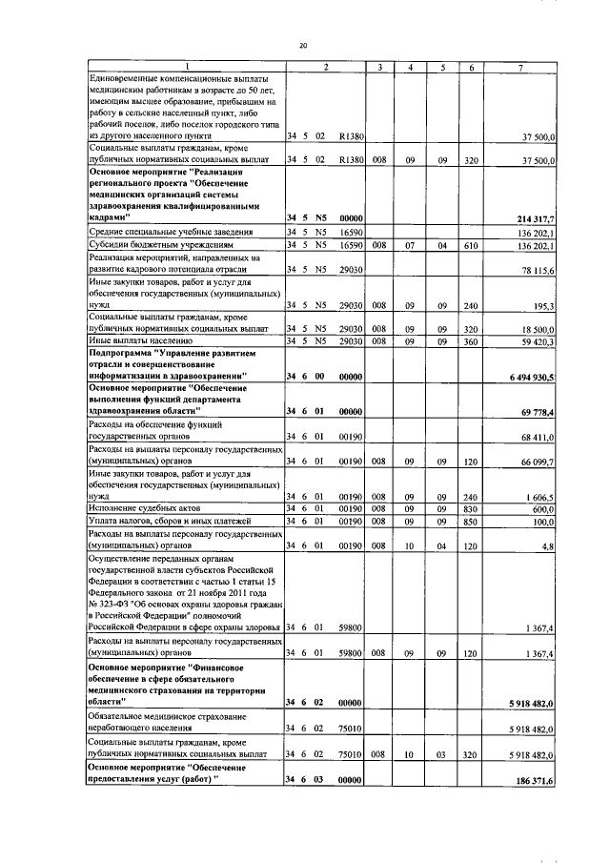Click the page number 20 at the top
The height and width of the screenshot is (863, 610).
[303, 46]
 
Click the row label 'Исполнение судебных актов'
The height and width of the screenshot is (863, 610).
[141, 509]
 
